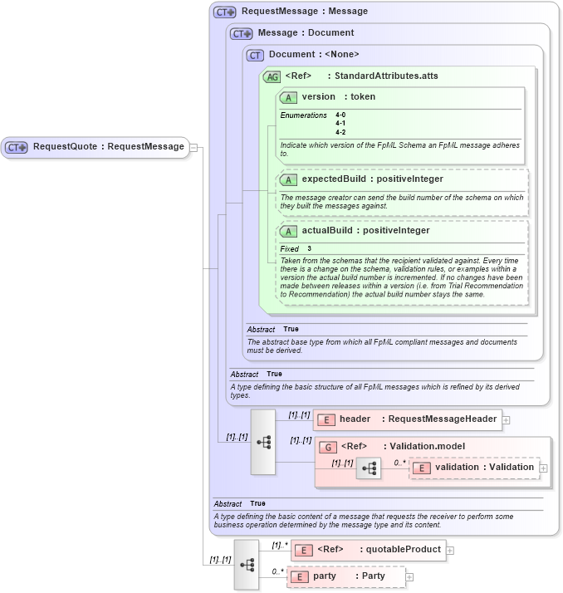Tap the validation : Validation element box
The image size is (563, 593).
[474, 468]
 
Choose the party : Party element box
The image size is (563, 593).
[345, 576]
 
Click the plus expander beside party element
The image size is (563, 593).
[409, 576]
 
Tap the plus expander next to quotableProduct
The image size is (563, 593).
[450, 549]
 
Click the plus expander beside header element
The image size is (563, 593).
[507, 420]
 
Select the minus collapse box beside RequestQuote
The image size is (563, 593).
[193, 147]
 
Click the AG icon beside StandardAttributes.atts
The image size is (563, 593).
[272, 76]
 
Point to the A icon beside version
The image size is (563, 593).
[289, 97]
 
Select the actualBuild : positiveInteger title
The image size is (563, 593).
[365, 230]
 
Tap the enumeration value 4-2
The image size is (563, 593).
[340, 132]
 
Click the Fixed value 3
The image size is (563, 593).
[309, 248]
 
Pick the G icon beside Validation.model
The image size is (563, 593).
[329, 447]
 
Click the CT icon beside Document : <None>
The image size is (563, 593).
[255, 55]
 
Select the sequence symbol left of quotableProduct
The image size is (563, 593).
[247, 564]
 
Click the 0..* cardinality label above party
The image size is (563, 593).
[277, 571]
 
